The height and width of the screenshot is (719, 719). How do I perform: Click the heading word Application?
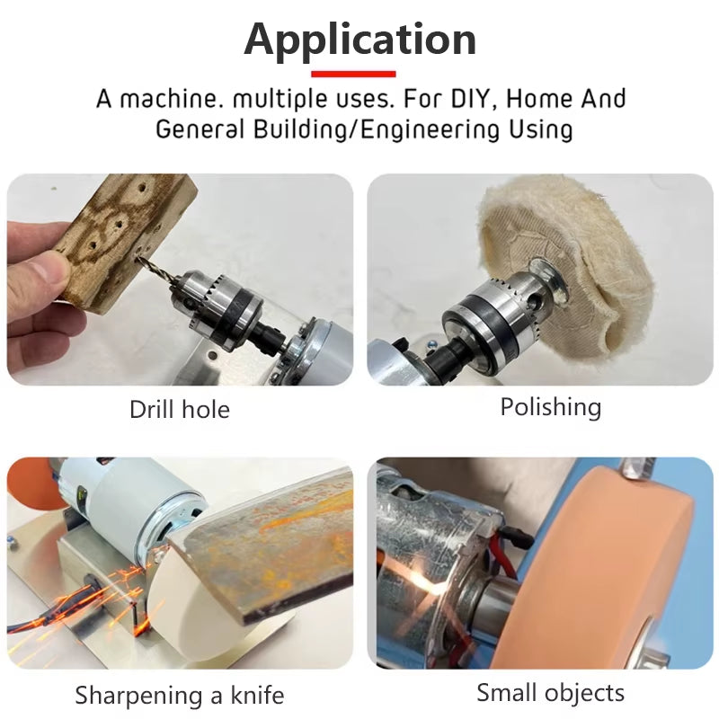pyautogui.click(x=359, y=40)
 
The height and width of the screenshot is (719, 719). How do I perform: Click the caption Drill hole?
pyautogui.click(x=180, y=410)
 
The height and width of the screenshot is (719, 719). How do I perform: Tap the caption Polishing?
pyautogui.click(x=550, y=407)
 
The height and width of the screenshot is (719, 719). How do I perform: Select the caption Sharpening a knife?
pyautogui.click(x=180, y=695)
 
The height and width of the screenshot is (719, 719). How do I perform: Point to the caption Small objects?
pyautogui.click(x=550, y=693)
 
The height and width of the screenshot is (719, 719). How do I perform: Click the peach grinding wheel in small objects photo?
pyautogui.click(x=620, y=575)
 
